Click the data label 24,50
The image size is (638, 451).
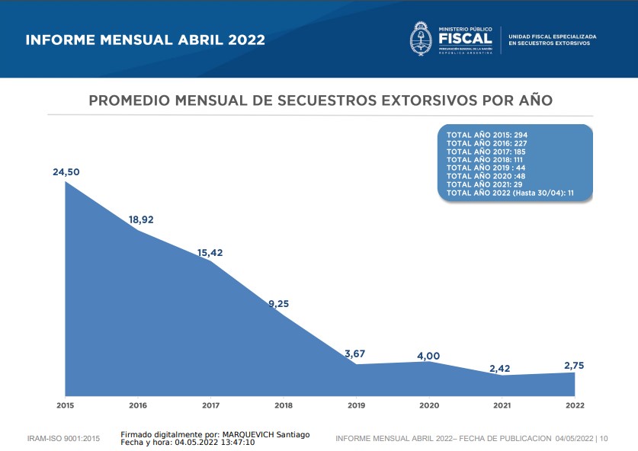pyautogui.click(x=66, y=172)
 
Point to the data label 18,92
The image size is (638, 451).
pyautogui.click(x=142, y=219)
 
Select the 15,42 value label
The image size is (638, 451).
pyautogui.click(x=210, y=253)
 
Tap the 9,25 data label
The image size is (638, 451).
pyautogui.click(x=278, y=303)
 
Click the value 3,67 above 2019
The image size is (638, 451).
pyautogui.click(x=356, y=353)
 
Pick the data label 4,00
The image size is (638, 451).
pyautogui.click(x=428, y=356)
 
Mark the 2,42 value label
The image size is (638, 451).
pyautogui.click(x=500, y=369)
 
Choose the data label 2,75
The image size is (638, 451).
pyautogui.click(x=575, y=366)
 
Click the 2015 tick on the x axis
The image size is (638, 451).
pyautogui.click(x=66, y=405)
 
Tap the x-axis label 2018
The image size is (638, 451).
pyautogui.click(x=284, y=405)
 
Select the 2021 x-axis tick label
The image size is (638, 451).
pyautogui.click(x=502, y=405)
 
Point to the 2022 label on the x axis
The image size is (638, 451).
pyautogui.click(x=575, y=405)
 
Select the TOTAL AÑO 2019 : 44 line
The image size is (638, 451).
pyautogui.click(x=486, y=168)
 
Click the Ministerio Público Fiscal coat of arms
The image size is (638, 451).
pyautogui.click(x=421, y=38)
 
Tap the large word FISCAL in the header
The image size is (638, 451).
pyautogui.click(x=466, y=39)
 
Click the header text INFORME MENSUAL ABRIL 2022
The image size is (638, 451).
pyautogui.click(x=146, y=40)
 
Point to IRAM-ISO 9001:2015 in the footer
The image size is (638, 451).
pyautogui.click(x=64, y=439)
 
